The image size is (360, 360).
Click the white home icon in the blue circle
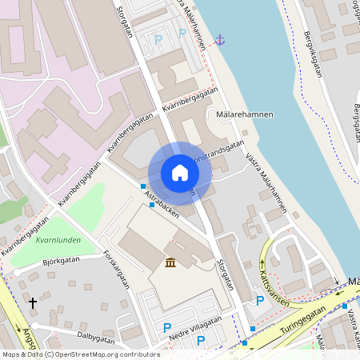179,173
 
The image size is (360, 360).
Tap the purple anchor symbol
219,39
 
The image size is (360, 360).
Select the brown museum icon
170,262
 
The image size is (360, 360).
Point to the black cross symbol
33,303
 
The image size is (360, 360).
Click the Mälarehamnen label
245,114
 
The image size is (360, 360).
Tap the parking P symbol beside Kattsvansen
259,301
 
